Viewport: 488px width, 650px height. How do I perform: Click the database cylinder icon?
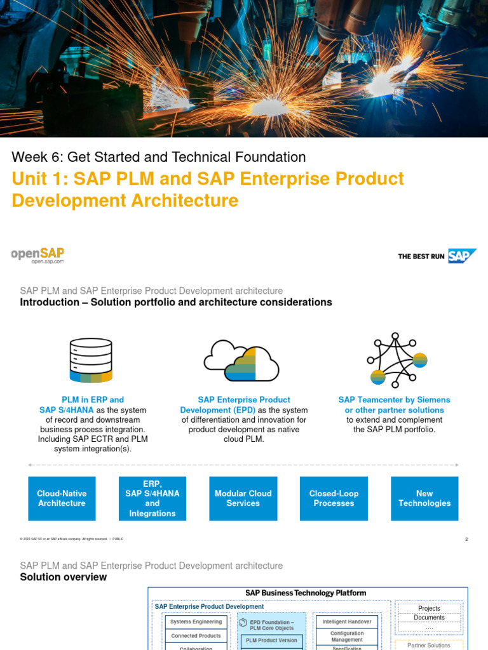pos(90,359)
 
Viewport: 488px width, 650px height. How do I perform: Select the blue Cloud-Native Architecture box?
pos(62,498)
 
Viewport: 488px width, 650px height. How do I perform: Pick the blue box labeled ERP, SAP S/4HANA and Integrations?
pos(152,498)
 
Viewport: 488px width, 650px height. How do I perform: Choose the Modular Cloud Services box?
pos(243,498)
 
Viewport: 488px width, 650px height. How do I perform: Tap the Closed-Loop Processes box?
pos(334,498)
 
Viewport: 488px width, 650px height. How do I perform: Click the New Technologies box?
pos(424,498)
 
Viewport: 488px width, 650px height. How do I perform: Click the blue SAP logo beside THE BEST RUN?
pos(462,256)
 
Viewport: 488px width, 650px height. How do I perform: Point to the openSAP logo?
pos(37,255)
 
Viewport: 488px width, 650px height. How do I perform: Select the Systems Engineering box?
pos(196,622)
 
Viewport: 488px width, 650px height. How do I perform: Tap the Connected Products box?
pos(196,636)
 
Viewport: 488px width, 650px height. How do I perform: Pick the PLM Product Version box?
pos(271,640)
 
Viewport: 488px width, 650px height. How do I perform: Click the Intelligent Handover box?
pos(347,622)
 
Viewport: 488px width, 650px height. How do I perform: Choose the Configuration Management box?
pos(347,636)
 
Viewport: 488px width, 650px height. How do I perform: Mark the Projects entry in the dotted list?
pos(429,608)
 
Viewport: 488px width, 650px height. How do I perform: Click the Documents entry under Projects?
pos(429,618)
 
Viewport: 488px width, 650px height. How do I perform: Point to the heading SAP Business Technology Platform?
pos(306,593)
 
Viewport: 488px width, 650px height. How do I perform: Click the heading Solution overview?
pos(64,577)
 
